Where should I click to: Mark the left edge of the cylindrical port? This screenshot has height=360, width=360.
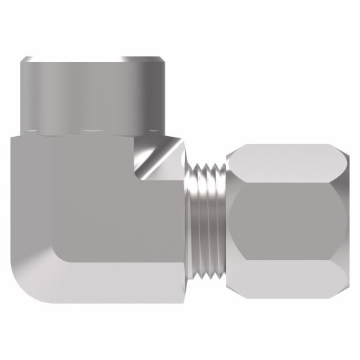[22, 94]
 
